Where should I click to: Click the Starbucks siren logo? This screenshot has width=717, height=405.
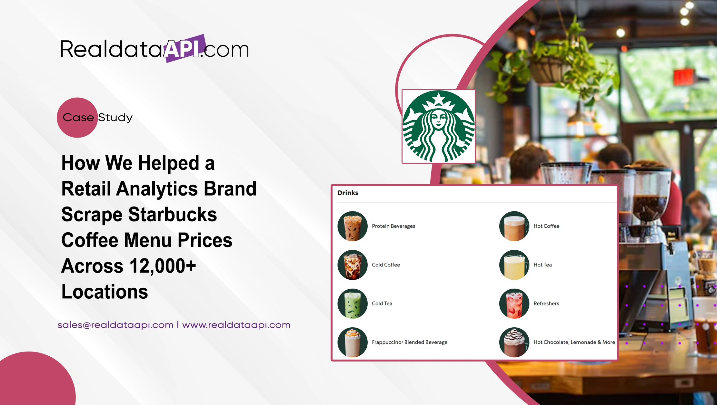tap(438, 126)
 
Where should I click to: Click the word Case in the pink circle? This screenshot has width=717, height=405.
tap(78, 117)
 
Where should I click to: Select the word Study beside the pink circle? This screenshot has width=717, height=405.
tap(115, 117)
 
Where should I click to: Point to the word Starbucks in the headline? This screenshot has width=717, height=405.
tap(173, 215)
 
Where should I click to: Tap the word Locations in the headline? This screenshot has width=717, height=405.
tap(105, 292)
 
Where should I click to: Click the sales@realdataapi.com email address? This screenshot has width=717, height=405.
tap(115, 325)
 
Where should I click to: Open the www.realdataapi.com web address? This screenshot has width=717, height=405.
tap(236, 325)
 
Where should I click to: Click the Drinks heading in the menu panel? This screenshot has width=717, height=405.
tap(348, 193)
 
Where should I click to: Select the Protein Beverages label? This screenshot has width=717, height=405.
tap(393, 226)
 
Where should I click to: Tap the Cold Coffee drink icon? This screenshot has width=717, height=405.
tap(353, 265)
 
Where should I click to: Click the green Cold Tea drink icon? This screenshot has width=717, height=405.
tap(353, 304)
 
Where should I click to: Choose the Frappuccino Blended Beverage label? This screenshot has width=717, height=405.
tap(409, 342)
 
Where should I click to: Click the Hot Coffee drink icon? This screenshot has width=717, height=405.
tap(514, 226)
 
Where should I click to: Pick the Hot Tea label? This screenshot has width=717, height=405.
tap(543, 265)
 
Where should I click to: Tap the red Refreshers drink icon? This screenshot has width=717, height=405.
tap(514, 304)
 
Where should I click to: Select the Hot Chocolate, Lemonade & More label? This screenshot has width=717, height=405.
tap(574, 342)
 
